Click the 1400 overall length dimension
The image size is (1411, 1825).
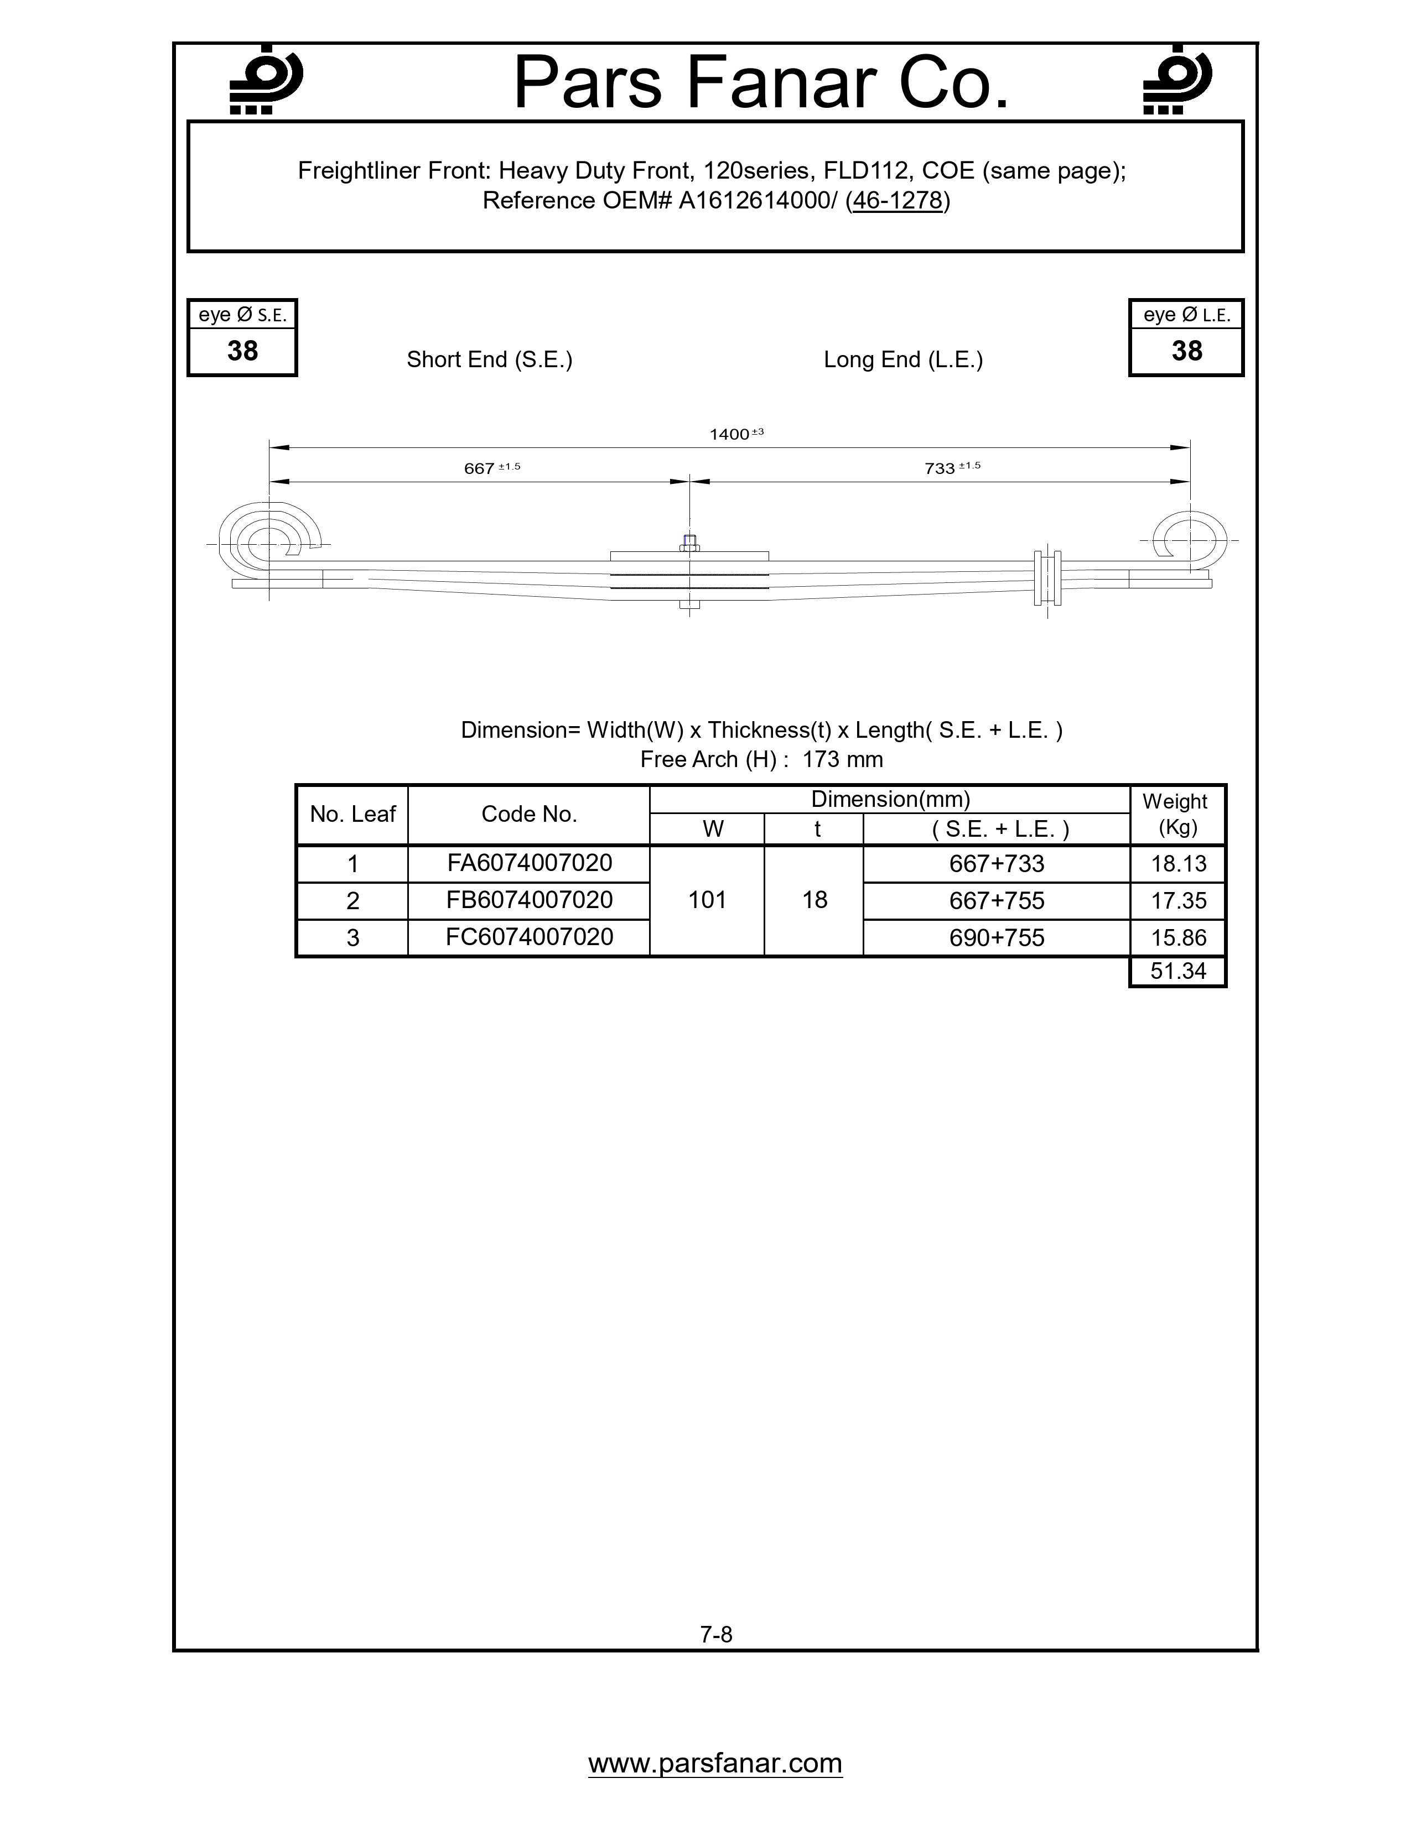tap(735, 434)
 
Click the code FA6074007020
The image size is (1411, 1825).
tap(529, 863)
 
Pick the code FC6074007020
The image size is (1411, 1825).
tap(529, 937)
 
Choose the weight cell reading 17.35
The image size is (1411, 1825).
tap(1178, 901)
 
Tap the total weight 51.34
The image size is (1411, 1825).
tap(1178, 971)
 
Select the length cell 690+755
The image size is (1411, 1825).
tap(997, 937)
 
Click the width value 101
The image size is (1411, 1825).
tap(707, 900)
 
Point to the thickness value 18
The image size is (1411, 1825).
tap(814, 900)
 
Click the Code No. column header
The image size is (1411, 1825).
tap(529, 815)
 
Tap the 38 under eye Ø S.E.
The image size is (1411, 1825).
tap(242, 351)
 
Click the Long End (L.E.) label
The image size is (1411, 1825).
tap(903, 359)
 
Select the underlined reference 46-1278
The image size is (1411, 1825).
tap(898, 201)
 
